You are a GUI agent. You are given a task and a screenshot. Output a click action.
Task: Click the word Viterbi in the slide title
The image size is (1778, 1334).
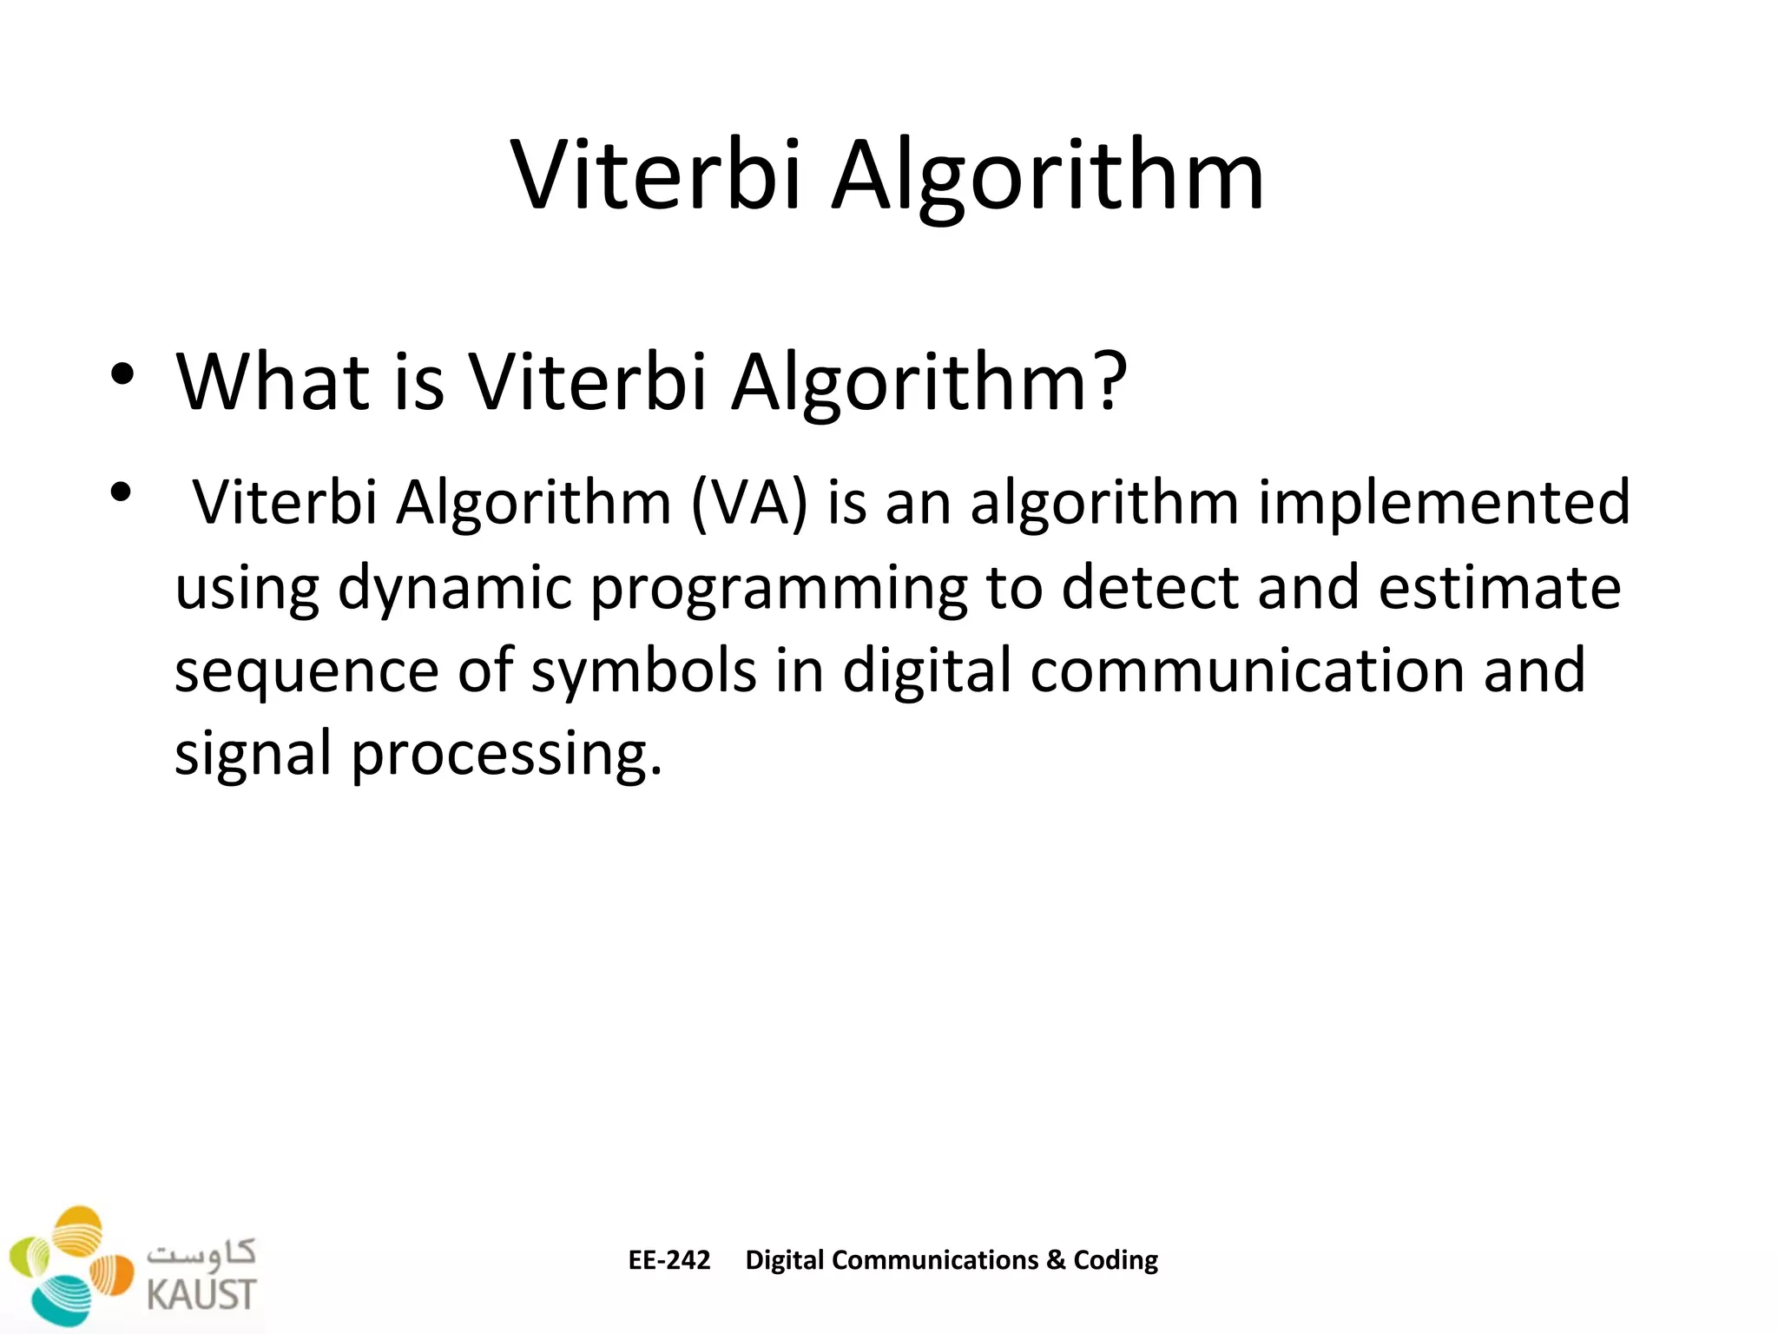[x=655, y=175]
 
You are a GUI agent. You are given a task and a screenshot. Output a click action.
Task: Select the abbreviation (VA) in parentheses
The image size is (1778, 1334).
[x=749, y=504]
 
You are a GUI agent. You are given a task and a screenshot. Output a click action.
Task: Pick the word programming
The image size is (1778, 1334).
[x=779, y=589]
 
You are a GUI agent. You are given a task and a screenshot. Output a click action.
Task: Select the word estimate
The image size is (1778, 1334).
[x=1499, y=587]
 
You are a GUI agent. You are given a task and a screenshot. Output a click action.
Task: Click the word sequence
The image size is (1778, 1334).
[x=306, y=672]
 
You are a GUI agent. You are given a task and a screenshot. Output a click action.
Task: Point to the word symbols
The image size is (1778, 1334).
[x=643, y=670]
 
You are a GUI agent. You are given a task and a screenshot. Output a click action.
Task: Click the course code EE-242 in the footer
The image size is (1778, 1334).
[x=668, y=1260]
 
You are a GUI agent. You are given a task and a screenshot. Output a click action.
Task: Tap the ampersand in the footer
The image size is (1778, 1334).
[x=1056, y=1260]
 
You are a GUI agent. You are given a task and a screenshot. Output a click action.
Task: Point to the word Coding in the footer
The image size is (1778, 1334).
[x=1116, y=1260]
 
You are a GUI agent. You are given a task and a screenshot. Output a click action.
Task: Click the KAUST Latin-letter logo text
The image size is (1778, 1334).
[x=201, y=1294]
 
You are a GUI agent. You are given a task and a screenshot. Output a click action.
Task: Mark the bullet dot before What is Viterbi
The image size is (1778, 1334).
[x=122, y=375]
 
